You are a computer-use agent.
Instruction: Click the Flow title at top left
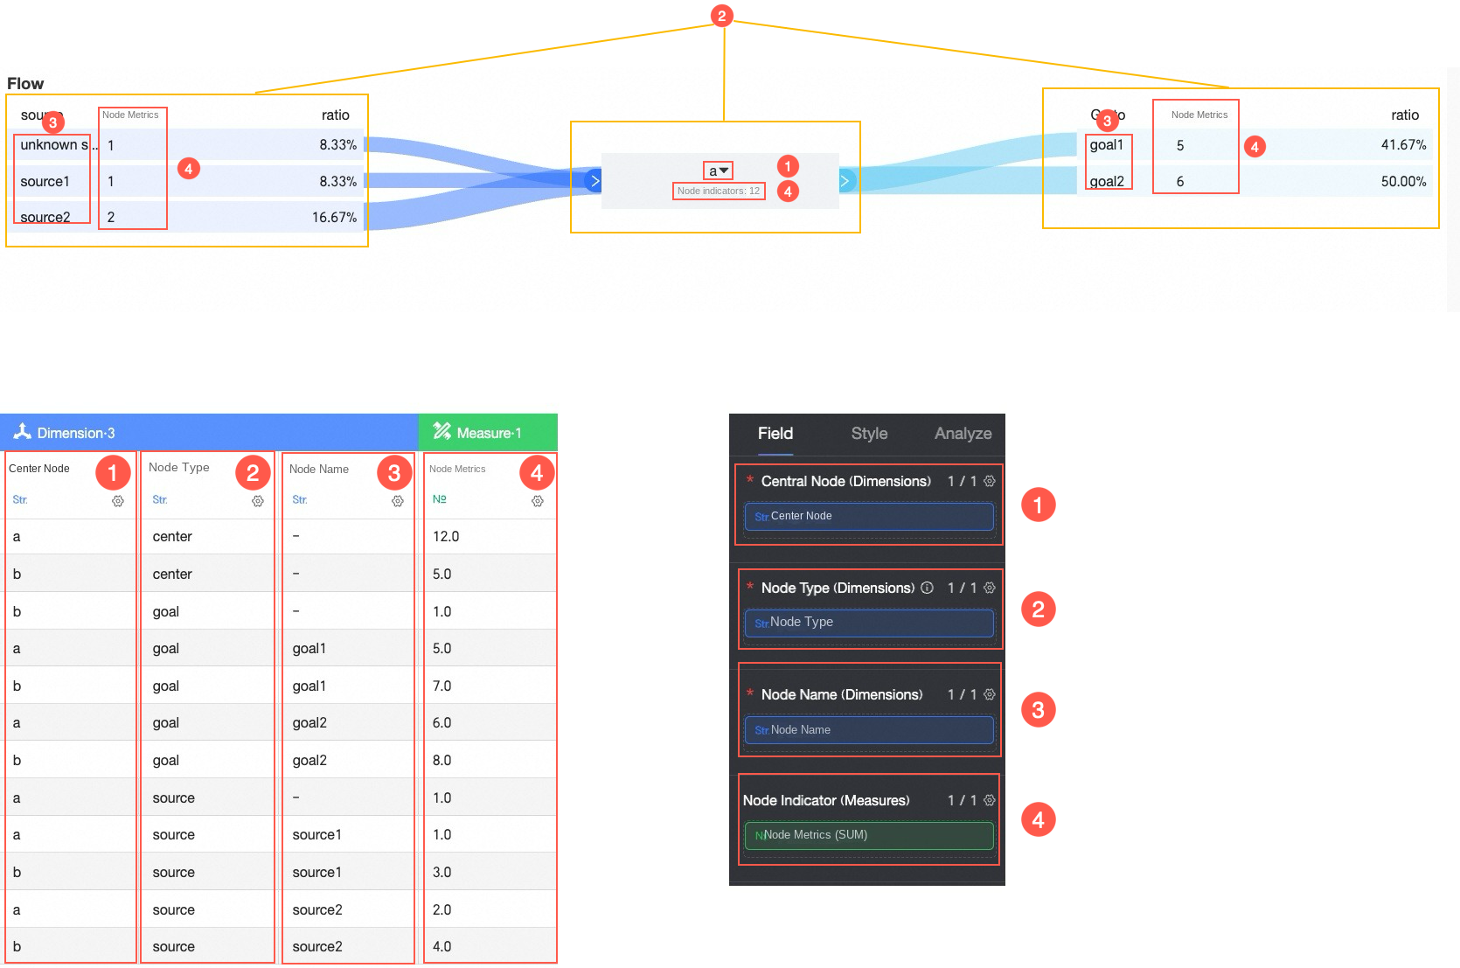(25, 84)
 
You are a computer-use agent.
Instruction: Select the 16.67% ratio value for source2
(334, 218)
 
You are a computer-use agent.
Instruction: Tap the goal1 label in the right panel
(1106, 145)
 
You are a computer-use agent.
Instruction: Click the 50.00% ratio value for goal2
(1403, 182)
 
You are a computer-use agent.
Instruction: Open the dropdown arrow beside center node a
(724, 171)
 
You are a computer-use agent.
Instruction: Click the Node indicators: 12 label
(718, 191)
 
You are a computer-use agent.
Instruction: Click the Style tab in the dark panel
(869, 434)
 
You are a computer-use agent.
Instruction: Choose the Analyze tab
(963, 434)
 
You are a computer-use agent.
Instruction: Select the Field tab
(775, 434)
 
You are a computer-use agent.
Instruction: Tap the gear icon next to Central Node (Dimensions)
(990, 481)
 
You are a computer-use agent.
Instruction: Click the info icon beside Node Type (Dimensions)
(927, 588)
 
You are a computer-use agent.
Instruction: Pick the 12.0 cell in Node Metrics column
(446, 537)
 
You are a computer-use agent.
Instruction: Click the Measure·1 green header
(488, 433)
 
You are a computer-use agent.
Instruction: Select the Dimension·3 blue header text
(75, 433)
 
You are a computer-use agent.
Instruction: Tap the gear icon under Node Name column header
(398, 501)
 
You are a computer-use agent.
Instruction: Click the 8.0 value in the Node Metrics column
(442, 761)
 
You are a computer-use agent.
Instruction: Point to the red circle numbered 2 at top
(721, 16)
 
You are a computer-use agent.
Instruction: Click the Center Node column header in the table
(39, 469)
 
